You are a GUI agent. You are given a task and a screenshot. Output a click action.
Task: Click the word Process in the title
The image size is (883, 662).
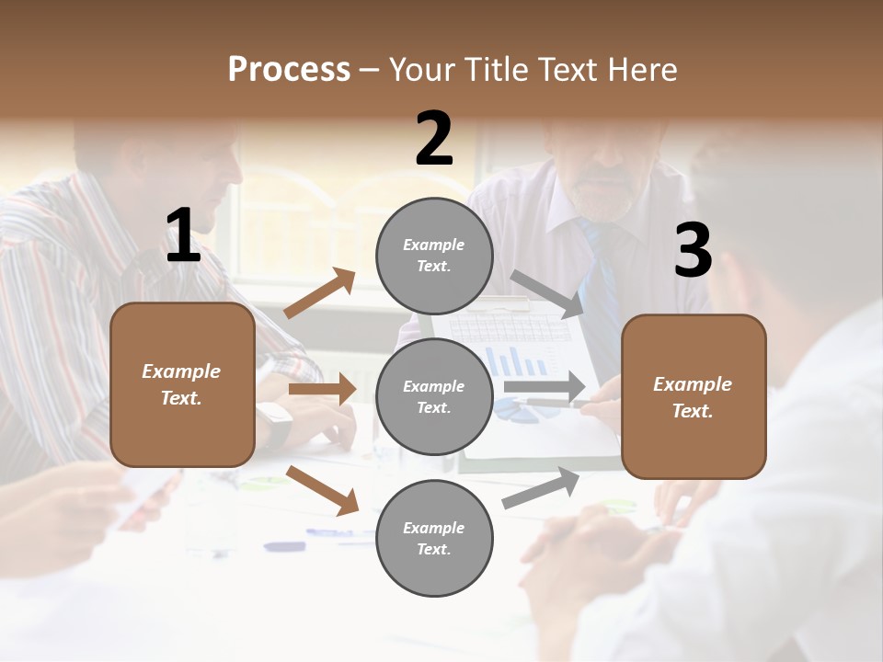point(289,70)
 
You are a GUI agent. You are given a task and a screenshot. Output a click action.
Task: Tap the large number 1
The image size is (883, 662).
point(183,236)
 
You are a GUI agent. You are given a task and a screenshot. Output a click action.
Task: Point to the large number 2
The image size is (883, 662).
point(434,139)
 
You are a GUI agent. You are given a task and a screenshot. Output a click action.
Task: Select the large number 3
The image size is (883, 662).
point(693,250)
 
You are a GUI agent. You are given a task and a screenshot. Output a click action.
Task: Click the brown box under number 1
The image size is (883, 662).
point(182,384)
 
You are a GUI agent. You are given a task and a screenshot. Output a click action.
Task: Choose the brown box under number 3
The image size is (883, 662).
point(694,396)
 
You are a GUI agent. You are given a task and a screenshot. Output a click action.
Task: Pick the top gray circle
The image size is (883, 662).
point(434,256)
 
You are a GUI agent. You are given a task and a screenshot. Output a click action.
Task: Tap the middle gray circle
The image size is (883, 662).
point(434,396)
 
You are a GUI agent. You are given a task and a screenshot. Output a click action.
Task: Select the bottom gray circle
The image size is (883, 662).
point(434,538)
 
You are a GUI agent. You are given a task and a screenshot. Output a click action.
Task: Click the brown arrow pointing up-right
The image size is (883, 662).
point(319,293)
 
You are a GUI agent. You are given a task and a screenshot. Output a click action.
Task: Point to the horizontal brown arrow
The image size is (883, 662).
point(321,389)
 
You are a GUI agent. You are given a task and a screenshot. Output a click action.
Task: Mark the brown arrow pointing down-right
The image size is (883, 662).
point(322,490)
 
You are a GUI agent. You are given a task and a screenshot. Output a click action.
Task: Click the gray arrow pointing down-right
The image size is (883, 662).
point(546,292)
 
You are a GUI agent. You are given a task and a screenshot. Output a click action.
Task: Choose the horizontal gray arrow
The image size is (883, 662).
point(545,387)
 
